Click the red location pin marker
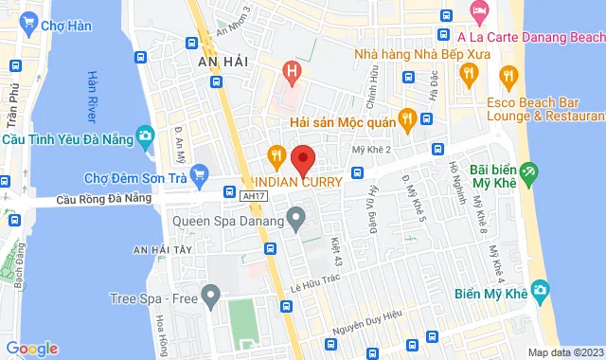click(302, 158)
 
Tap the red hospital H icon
click(293, 71)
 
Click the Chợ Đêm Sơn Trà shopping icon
click(199, 173)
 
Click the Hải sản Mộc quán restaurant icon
click(407, 118)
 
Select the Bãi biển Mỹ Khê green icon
click(528, 173)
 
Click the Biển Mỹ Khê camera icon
click(541, 289)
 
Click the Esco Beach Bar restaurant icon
click(508, 76)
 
